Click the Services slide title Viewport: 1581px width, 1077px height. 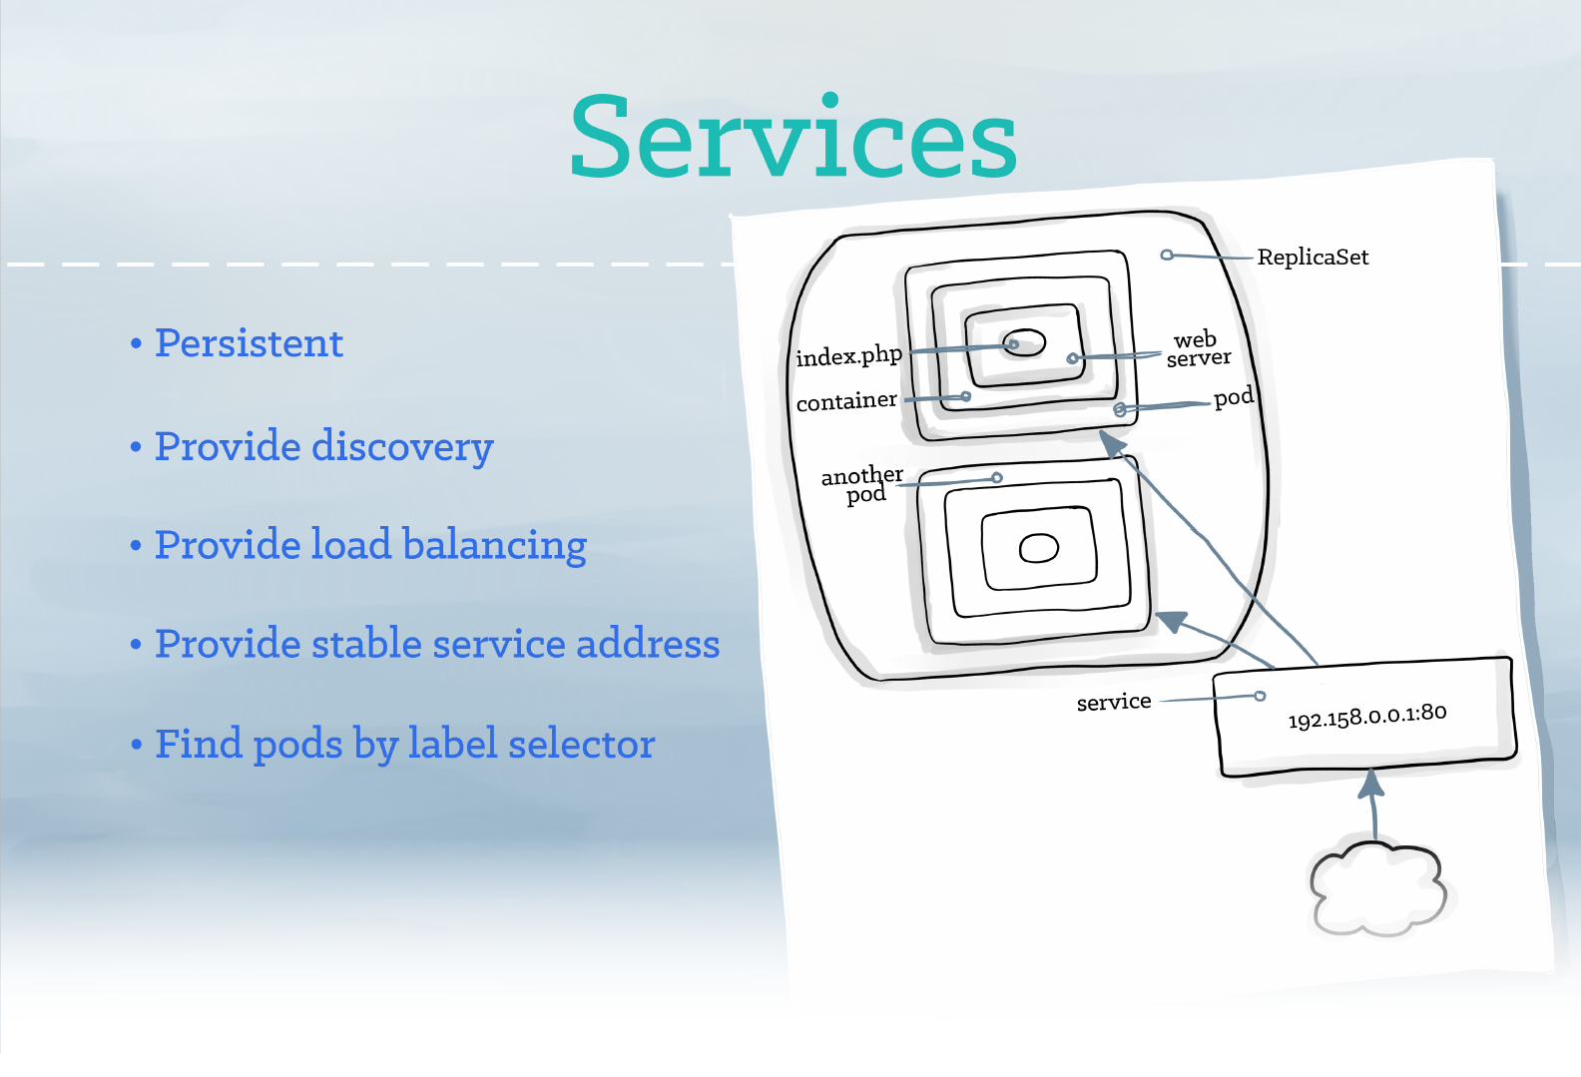pos(793,138)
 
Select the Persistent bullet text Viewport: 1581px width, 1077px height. pos(249,343)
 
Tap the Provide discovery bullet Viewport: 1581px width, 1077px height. pos(323,446)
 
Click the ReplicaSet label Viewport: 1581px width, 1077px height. pos(1313,258)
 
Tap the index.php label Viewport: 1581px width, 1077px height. pos(848,356)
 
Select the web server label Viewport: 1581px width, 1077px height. pos(1198,348)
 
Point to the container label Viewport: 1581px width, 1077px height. pos(846,401)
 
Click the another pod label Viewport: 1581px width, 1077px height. pos(862,484)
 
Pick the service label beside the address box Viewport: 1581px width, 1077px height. pos(1114,702)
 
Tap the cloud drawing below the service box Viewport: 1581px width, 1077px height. pos(1378,887)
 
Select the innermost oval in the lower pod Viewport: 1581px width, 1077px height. pos(1038,548)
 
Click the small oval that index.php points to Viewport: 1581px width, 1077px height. pos(1024,342)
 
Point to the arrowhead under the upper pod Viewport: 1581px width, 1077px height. pos(1112,442)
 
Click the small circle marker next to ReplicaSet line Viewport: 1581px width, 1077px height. pos(1167,255)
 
